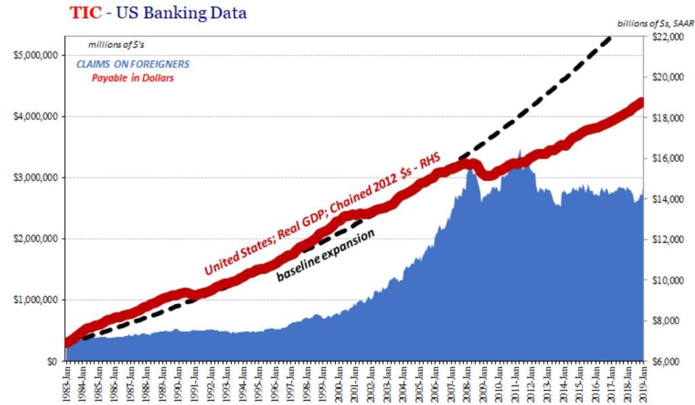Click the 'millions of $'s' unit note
tap(116, 45)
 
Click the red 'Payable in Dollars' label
tap(133, 78)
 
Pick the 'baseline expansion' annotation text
tap(326, 256)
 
